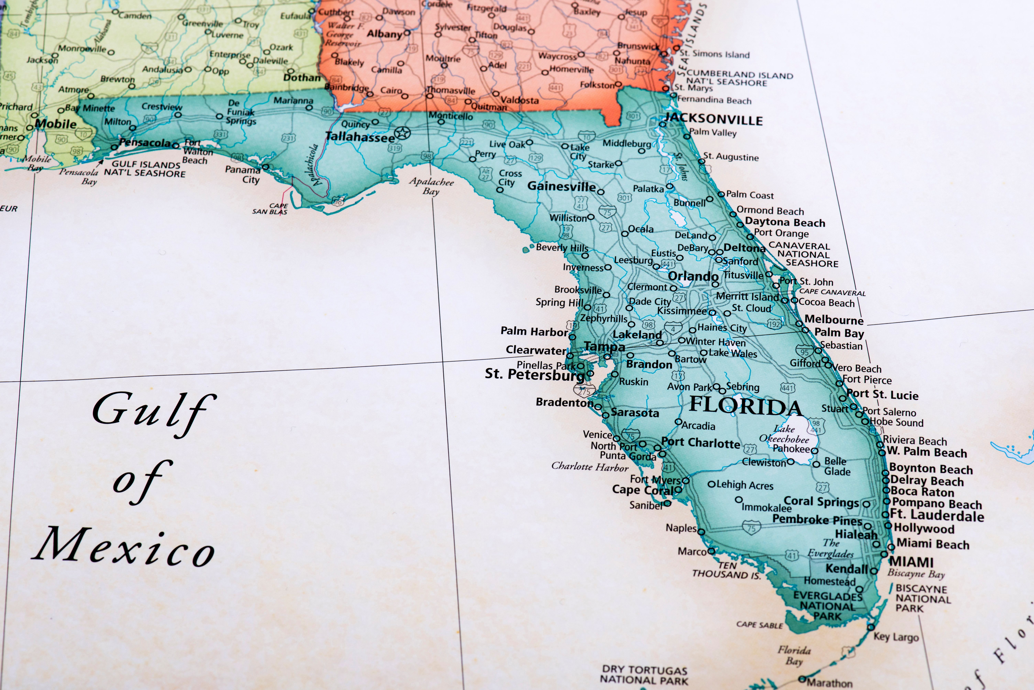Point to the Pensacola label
pyautogui.click(x=144, y=143)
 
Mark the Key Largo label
pyautogui.click(x=896, y=637)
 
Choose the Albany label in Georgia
pyautogui.click(x=384, y=34)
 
